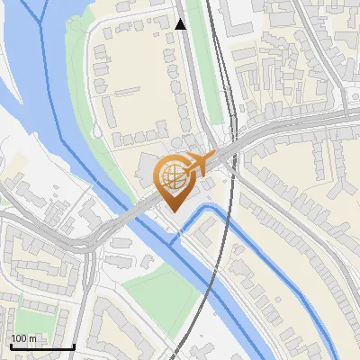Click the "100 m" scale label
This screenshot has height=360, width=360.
(24, 338)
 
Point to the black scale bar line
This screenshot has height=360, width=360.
(41, 346)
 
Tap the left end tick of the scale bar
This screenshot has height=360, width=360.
(10, 345)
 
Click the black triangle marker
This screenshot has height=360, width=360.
(181, 24)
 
